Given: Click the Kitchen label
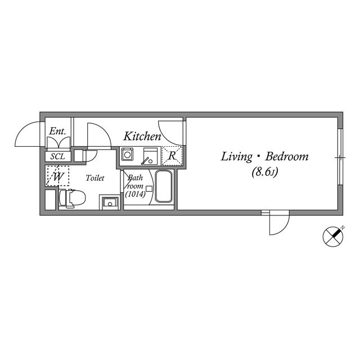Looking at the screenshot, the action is click(142, 136).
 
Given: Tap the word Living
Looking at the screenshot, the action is click(236, 157).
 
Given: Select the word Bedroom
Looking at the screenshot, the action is click(287, 156).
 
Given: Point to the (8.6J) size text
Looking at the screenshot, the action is click(265, 172).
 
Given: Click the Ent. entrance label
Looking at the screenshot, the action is click(57, 131).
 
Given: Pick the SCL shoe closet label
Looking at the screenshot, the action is click(57, 156).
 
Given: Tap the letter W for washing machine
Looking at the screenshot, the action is click(58, 177).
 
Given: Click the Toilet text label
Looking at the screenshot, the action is click(95, 178).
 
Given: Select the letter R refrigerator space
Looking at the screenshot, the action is click(172, 156).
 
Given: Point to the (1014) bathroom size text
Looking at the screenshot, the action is click(135, 194).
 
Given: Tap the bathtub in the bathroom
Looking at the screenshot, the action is click(164, 186).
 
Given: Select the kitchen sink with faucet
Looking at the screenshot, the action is click(151, 156).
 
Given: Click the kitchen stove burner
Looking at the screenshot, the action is click(127, 154).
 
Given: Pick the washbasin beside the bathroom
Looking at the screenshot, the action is click(110, 202).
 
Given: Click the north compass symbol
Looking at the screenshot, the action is click(333, 236).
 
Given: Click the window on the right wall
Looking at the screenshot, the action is click(340, 156).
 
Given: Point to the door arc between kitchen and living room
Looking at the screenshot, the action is click(166, 137).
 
